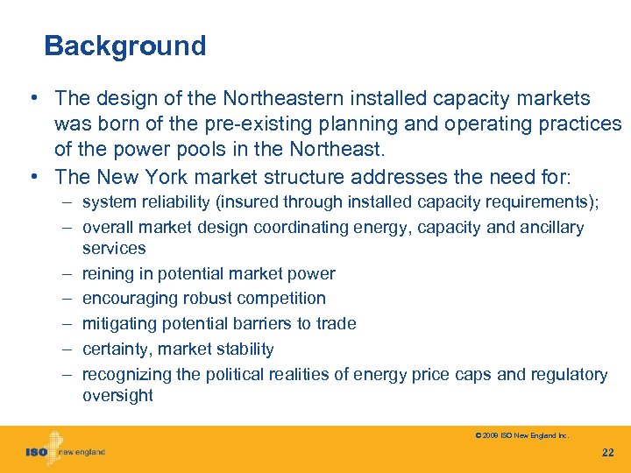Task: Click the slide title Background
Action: click(124, 46)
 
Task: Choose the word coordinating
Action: click(300, 228)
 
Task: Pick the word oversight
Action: click(117, 395)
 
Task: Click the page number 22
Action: click(608, 452)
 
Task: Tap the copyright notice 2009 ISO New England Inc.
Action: click(521, 434)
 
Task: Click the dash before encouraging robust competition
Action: click(67, 299)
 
